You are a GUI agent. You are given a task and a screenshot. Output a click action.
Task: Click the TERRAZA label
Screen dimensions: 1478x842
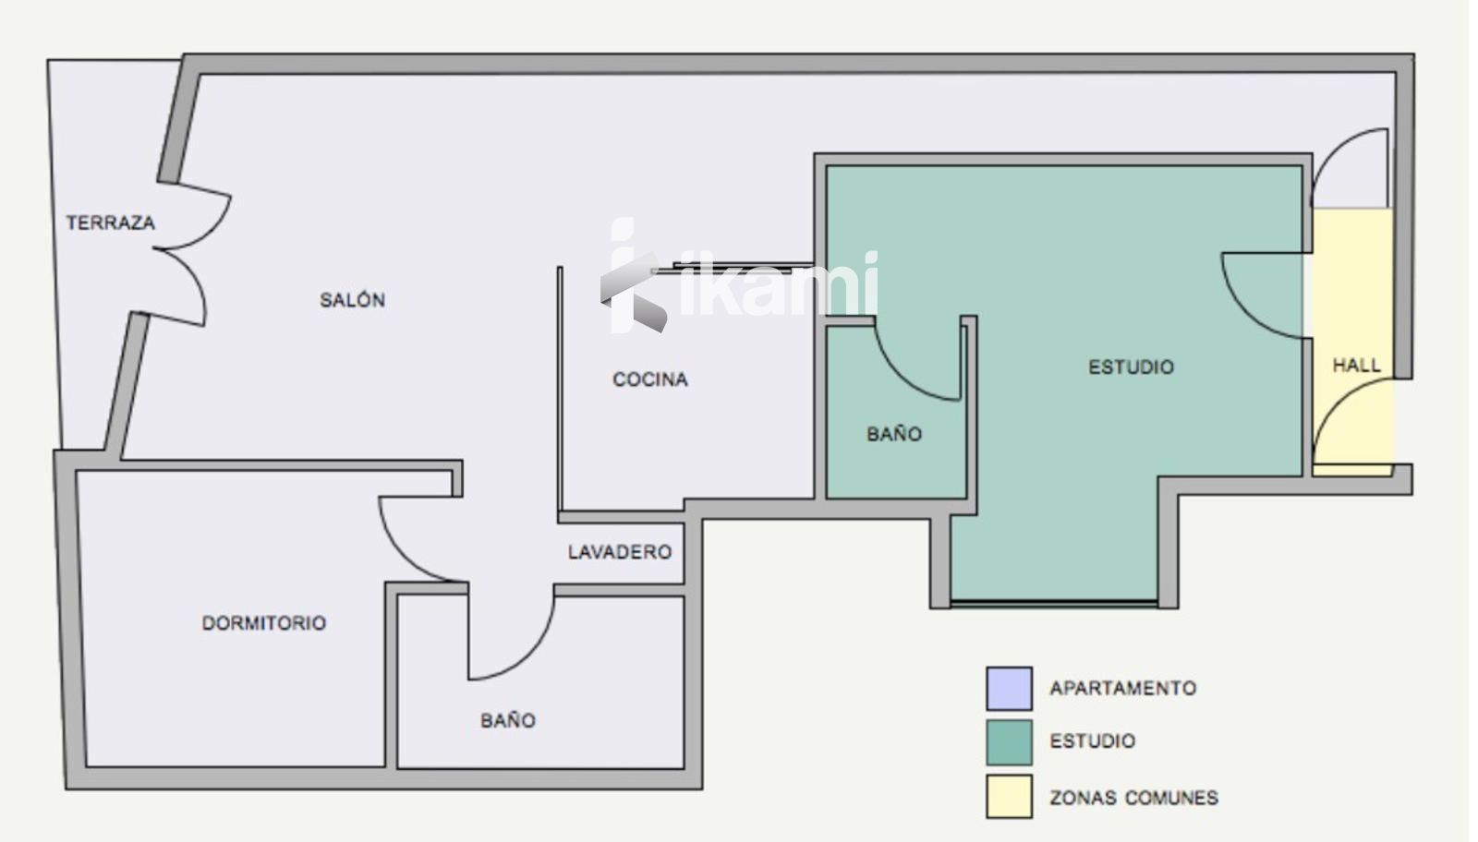point(110,223)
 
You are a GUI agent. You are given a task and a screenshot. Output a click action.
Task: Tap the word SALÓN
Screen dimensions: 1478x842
point(352,300)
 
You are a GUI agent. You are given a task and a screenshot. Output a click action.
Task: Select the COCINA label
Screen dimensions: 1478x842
point(650,379)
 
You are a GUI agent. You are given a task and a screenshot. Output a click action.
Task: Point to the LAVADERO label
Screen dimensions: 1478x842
point(620,552)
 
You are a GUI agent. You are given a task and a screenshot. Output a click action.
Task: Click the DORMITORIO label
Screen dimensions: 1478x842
point(264,623)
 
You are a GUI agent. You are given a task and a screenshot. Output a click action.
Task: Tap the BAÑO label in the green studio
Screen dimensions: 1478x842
point(894,433)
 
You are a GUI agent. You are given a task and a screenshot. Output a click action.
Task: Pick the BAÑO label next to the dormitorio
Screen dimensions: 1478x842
point(508,720)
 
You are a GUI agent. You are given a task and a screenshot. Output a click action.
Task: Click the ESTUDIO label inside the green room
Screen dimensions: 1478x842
point(1131,367)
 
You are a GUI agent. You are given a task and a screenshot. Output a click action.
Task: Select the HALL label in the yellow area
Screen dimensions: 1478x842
point(1357,366)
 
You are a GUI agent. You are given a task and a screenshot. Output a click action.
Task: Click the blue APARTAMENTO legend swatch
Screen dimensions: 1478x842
point(1010,689)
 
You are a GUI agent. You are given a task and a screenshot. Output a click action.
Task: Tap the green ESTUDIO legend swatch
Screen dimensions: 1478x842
point(1010,742)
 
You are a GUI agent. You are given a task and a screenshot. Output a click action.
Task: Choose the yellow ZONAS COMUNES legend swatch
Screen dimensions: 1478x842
point(1010,797)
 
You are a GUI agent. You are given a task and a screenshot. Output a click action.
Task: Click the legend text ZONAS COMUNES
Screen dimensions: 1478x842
point(1133,798)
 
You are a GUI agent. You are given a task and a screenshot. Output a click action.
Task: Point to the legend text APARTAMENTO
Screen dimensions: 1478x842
point(1123,689)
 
